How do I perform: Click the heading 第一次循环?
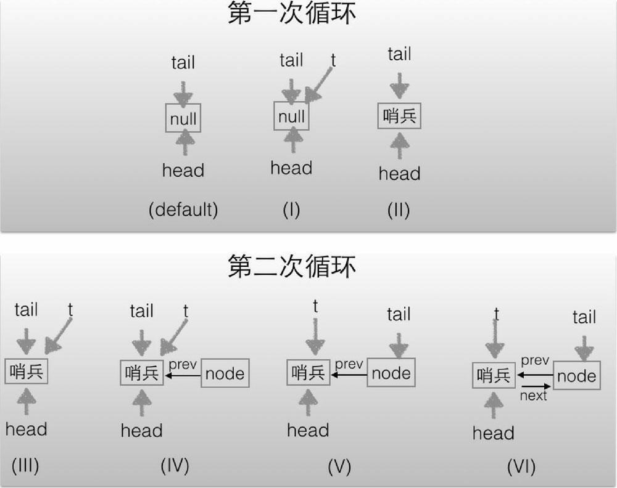click(x=291, y=14)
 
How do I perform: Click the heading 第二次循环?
click(x=291, y=267)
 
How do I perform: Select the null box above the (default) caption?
click(x=183, y=119)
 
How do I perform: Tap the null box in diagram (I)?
click(x=291, y=116)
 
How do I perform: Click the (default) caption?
click(x=183, y=210)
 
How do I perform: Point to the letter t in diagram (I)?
click(x=333, y=60)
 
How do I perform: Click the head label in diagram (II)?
click(x=399, y=173)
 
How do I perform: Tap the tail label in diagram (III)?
click(x=26, y=309)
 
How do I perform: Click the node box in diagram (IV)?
click(x=225, y=373)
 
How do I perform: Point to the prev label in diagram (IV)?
click(x=183, y=365)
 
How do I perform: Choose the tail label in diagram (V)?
click(x=399, y=315)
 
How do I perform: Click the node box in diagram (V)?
click(x=391, y=373)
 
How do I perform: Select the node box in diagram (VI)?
click(x=576, y=376)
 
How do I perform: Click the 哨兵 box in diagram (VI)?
click(x=494, y=375)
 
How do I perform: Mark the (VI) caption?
click(x=521, y=466)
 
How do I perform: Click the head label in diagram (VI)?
click(x=493, y=433)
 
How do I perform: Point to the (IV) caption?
click(x=175, y=465)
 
